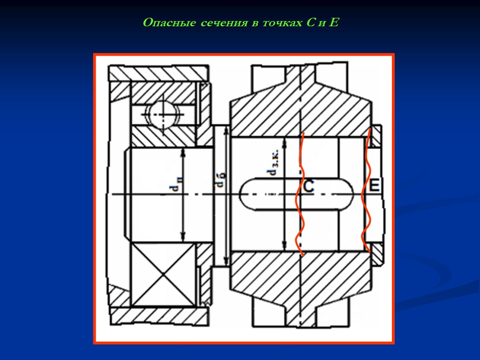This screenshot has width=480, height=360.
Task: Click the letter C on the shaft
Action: [x=308, y=187]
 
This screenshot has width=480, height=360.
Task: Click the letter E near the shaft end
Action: [x=374, y=186]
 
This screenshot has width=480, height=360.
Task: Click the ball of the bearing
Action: [x=162, y=113]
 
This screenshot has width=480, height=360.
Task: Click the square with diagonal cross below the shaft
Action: [x=162, y=275]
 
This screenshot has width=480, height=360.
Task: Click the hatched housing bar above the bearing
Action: [x=157, y=73]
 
